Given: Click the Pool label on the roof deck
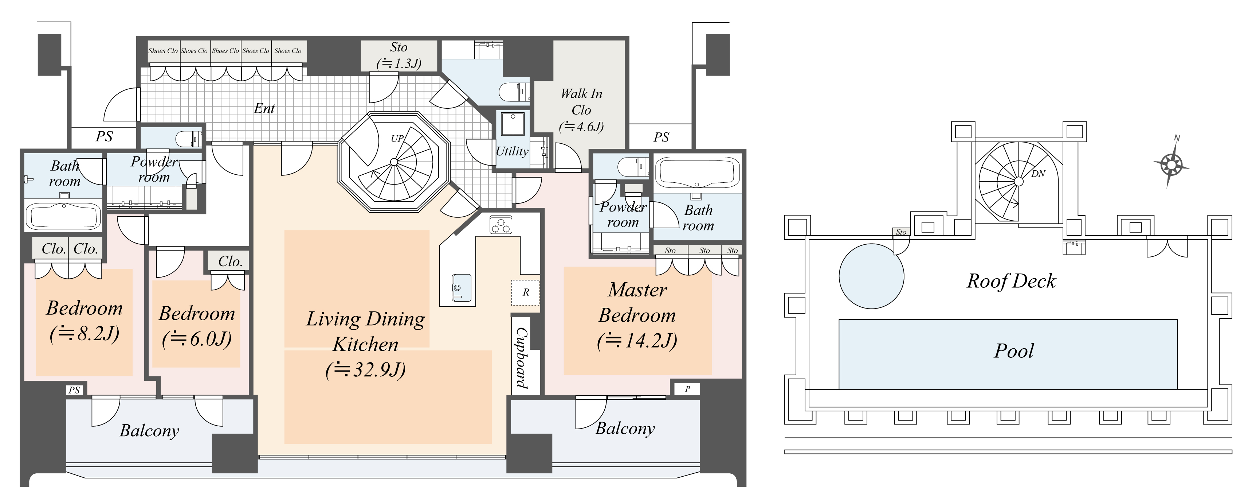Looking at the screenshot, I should [1014, 351].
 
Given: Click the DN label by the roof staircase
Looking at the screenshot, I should [1038, 174].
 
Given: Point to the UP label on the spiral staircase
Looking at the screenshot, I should [397, 138].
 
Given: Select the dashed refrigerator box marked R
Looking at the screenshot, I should [525, 292].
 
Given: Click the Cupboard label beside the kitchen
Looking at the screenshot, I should [522, 357].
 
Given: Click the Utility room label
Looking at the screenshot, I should [512, 151].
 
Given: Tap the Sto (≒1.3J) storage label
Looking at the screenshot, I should [399, 55].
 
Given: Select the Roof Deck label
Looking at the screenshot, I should [1011, 281].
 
